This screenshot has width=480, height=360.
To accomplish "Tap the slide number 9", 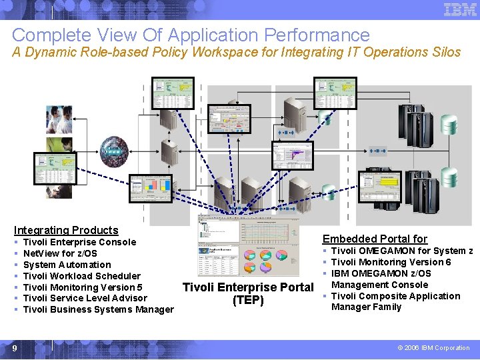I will click(x=14, y=348).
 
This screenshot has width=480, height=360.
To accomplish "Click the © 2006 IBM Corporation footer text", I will click(x=433, y=348).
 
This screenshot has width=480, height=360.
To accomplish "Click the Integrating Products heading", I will click(x=66, y=230).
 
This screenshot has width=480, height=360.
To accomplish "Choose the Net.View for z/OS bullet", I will click(x=60, y=253).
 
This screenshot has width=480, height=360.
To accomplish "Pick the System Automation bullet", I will click(x=67, y=265).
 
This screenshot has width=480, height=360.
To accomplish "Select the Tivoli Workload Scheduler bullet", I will click(x=81, y=276).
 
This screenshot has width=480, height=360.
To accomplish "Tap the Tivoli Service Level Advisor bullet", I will click(x=85, y=298).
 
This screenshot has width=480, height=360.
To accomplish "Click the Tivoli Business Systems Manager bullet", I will click(x=98, y=309).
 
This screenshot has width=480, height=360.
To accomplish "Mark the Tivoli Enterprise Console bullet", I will click(x=79, y=242).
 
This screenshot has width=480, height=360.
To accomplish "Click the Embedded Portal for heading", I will click(x=375, y=239).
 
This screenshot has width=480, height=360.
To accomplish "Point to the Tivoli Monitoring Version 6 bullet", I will click(x=391, y=262).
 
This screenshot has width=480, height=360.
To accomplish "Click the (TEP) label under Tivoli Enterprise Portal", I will click(x=247, y=300).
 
